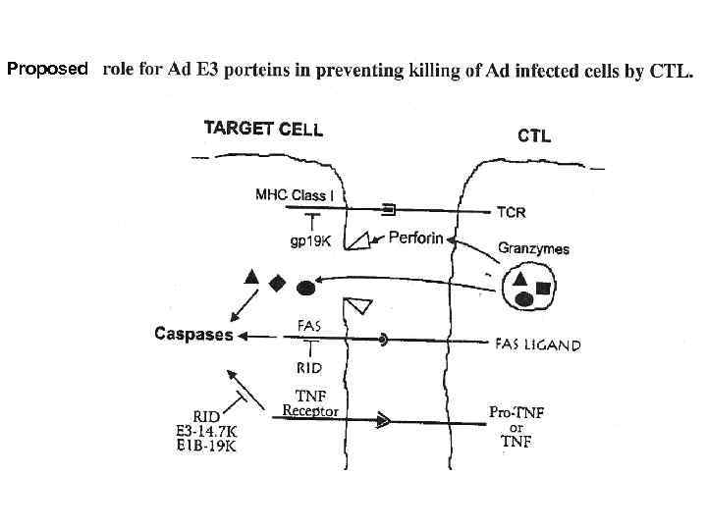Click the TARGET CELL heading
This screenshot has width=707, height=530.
click(x=262, y=129)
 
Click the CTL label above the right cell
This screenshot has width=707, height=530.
click(x=534, y=136)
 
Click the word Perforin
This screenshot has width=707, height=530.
click(x=415, y=238)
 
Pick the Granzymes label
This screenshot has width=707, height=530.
click(x=533, y=249)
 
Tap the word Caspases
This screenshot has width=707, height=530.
click(x=193, y=335)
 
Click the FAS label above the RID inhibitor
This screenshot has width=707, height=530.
click(x=308, y=324)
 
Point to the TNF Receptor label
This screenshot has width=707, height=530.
click(x=310, y=403)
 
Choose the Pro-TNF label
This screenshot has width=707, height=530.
click(x=517, y=412)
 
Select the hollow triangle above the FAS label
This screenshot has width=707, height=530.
click(x=356, y=304)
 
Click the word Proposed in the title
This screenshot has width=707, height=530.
click(x=47, y=70)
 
